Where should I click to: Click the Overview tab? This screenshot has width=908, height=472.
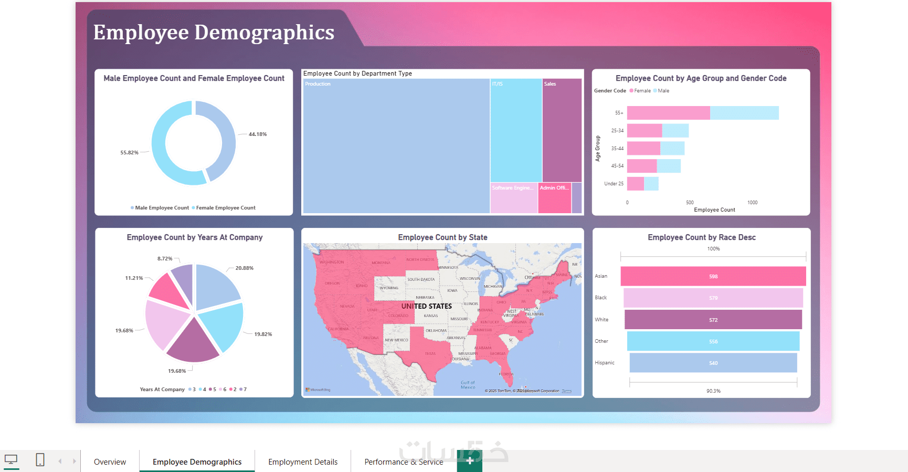tap(110, 462)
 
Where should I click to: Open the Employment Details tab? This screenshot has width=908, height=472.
tap(303, 462)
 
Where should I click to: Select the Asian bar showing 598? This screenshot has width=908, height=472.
tap(713, 276)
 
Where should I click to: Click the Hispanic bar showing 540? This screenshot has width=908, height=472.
tap(713, 363)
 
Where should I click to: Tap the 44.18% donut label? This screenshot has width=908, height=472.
tap(258, 134)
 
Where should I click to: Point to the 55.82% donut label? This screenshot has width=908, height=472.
tap(129, 153)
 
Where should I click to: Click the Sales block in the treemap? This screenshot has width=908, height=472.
tap(562, 131)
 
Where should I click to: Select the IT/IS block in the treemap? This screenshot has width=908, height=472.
tap(516, 131)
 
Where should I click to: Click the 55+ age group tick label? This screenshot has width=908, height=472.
tap(619, 113)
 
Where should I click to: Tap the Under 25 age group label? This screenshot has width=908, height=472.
tap(614, 184)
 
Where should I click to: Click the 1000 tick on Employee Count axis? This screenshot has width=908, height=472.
tap(752, 203)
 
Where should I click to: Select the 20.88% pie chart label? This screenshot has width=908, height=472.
tap(244, 268)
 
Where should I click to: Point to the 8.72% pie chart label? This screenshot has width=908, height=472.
tap(165, 259)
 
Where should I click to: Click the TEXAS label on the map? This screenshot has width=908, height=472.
tap(430, 353)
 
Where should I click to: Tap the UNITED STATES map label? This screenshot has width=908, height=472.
tap(426, 306)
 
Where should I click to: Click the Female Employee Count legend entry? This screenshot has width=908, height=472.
tap(225, 208)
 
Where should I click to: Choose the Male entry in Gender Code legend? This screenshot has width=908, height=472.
tap(663, 91)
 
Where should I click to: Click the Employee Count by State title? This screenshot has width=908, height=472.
tap(442, 237)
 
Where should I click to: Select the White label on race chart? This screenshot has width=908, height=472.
tap(601, 320)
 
